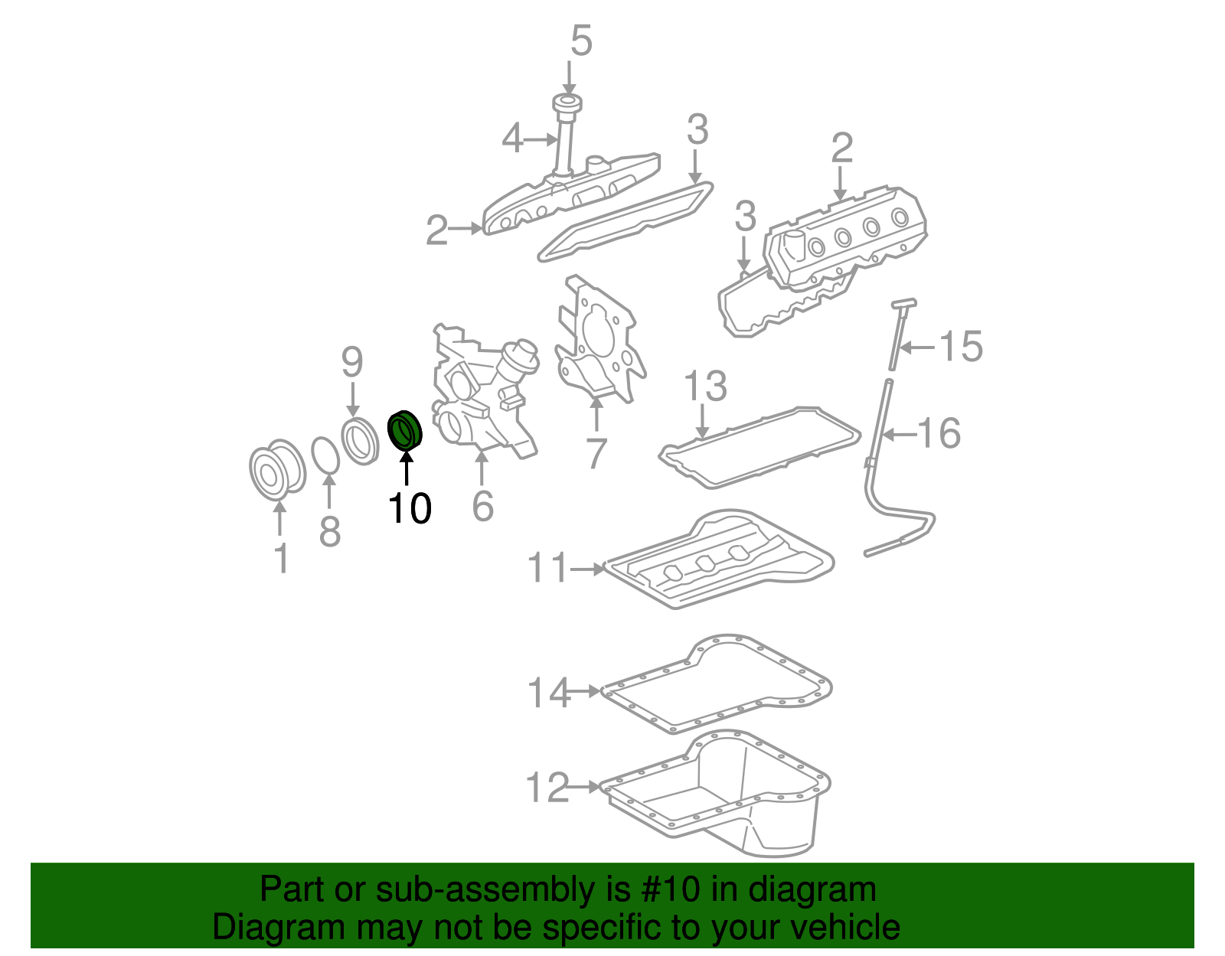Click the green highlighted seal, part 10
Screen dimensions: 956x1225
(x=405, y=430)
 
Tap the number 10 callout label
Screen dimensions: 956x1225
(x=410, y=508)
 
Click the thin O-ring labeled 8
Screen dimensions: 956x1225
(x=326, y=456)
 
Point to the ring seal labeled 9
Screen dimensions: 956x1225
(x=360, y=442)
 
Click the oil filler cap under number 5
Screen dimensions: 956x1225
(x=567, y=105)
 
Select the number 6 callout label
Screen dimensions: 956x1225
(x=482, y=506)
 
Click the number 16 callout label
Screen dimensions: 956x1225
(x=939, y=434)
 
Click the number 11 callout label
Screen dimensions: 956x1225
(x=547, y=569)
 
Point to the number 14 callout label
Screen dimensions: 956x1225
(x=548, y=693)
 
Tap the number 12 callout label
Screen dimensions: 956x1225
(x=547, y=788)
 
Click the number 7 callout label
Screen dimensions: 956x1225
(x=596, y=453)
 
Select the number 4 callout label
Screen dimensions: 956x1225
(x=513, y=139)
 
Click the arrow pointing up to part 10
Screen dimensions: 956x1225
(x=407, y=468)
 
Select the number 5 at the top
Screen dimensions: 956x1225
(x=581, y=41)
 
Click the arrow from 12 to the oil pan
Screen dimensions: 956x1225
(x=586, y=787)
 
